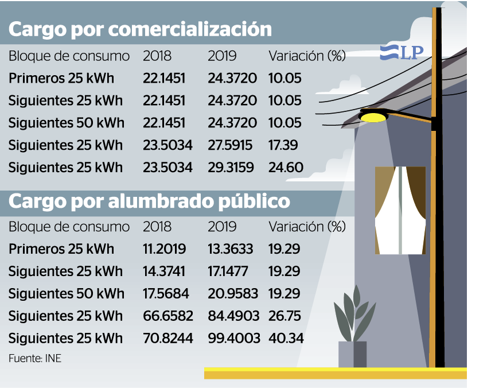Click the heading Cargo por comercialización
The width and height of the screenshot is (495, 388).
coord(141,29)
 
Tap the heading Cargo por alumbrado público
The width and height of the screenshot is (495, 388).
coord(149,202)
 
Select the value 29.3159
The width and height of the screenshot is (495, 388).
coord(232,168)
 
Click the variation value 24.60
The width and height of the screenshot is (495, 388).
coord(286,168)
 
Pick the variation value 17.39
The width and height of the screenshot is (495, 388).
coord(284,145)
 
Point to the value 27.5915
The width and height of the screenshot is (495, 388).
coord(232,145)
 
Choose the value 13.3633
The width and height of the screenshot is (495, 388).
coord(232,249)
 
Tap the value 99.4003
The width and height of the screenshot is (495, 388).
coord(232,338)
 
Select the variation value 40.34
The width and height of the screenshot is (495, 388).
coord(286,338)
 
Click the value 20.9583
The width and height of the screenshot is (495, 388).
coord(232,293)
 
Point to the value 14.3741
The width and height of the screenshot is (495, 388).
coord(164,271)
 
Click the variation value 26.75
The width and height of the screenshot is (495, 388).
coord(284,316)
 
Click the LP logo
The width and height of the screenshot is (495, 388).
coord(402,53)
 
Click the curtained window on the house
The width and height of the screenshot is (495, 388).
coord(400,210)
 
